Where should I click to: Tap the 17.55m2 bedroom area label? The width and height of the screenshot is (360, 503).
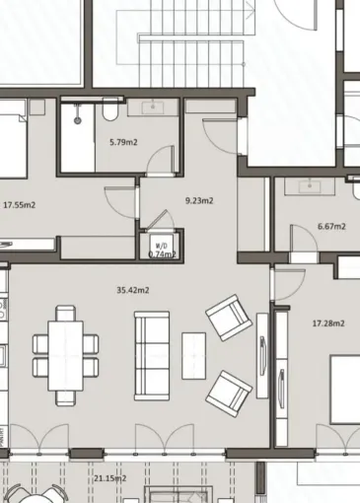click(x=19, y=205)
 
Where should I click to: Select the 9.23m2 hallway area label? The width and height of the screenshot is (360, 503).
click(x=199, y=200)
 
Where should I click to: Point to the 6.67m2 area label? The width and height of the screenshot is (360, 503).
click(x=331, y=227)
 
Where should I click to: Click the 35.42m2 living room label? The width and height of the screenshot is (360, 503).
click(x=132, y=290)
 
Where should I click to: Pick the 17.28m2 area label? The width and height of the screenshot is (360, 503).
click(x=328, y=323)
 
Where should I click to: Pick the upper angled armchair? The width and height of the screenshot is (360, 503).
click(x=229, y=320)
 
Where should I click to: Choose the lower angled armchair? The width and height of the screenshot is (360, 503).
click(x=228, y=392)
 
